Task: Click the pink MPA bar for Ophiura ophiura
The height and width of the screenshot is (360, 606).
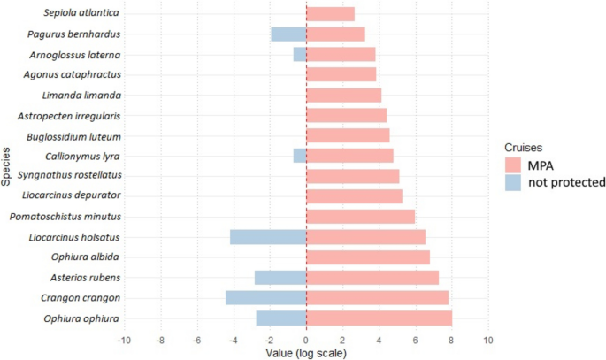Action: tap(379, 318)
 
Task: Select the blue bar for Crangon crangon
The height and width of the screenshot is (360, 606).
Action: tap(265, 298)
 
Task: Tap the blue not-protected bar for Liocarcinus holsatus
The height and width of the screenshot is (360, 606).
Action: tap(268, 237)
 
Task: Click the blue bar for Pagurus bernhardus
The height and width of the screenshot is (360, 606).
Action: tap(288, 34)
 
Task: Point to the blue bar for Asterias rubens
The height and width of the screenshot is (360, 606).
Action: tap(280, 278)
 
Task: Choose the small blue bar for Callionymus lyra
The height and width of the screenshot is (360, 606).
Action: tap(300, 156)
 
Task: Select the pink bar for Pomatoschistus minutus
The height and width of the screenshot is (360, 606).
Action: tap(360, 217)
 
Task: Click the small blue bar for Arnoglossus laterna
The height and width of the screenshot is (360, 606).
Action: tap(300, 55)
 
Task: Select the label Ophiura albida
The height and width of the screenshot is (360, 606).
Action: tap(87, 257)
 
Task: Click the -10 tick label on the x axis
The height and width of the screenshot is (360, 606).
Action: tap(123, 340)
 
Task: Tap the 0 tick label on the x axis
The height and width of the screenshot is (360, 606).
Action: tap(306, 340)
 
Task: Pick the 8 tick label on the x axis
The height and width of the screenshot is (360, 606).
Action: tap(451, 340)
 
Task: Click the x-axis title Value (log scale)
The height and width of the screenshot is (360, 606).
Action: tap(306, 353)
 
